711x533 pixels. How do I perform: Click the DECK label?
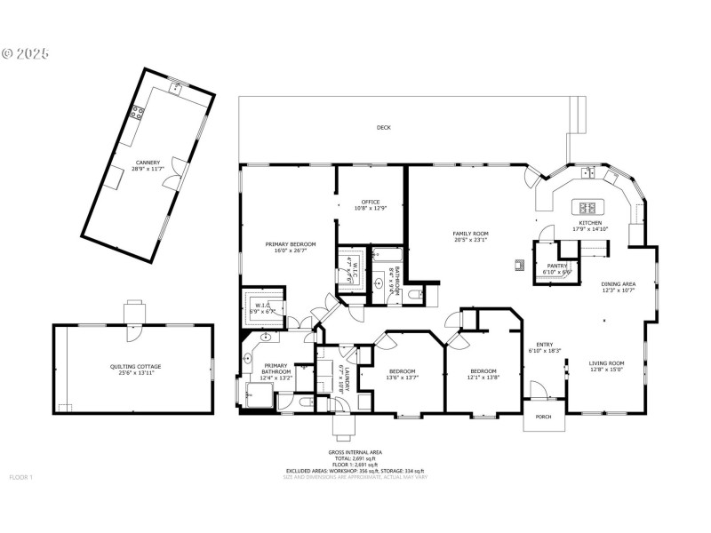coord(383,128)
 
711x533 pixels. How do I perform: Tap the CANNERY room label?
coord(148,163)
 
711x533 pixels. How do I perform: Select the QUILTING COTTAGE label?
coord(135,366)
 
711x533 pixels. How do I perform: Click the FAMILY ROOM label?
coord(471,234)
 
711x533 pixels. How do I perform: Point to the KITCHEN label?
coord(591,223)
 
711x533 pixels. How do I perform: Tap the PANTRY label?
coord(556,266)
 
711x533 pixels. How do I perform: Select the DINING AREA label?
coord(618,284)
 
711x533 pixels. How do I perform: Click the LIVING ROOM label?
coord(606,362)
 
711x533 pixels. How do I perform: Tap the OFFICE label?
coord(371,202)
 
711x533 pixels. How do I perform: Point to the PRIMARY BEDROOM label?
coord(291,243)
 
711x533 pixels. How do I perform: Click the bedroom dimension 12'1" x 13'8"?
coord(483,378)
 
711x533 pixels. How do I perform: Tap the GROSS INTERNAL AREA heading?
coord(355,452)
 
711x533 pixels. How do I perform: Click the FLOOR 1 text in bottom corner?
coord(20,477)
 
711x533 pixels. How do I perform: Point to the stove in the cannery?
coord(138,112)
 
